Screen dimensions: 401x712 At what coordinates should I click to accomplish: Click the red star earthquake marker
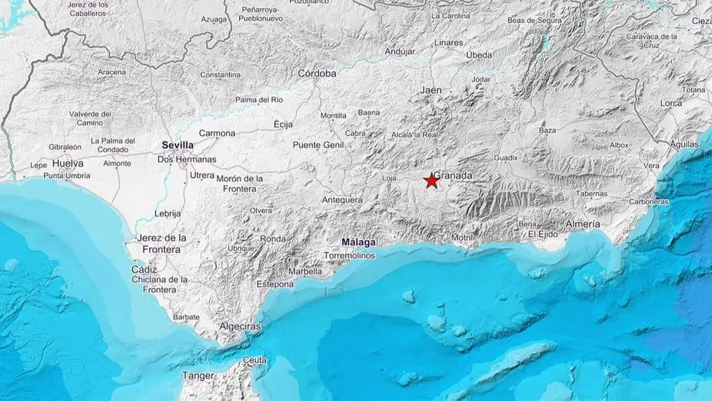point(431,180)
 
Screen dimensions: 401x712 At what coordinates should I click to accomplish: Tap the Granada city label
point(454,175)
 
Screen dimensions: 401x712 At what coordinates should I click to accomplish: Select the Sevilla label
point(177,145)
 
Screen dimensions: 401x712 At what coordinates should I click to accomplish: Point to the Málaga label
point(359,243)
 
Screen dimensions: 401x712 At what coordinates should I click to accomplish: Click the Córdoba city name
point(317,73)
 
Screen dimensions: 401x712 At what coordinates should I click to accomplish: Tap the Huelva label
point(68,164)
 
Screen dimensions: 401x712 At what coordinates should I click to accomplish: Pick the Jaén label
point(431,91)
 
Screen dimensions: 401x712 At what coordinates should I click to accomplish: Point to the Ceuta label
point(255,359)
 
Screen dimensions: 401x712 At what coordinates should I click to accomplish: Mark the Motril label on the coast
point(462,236)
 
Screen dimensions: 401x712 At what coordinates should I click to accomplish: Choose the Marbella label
point(304,272)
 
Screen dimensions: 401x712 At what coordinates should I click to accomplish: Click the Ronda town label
point(273,239)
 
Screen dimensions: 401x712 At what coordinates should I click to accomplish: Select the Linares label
point(449,42)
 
